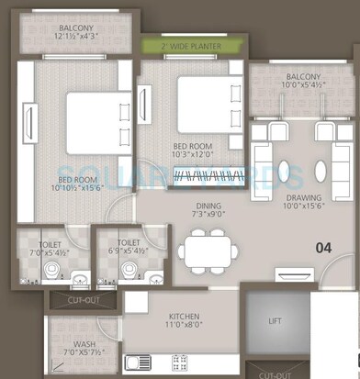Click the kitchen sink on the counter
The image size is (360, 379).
(x=143, y=361)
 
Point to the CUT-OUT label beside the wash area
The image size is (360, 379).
(x=76, y=299)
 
